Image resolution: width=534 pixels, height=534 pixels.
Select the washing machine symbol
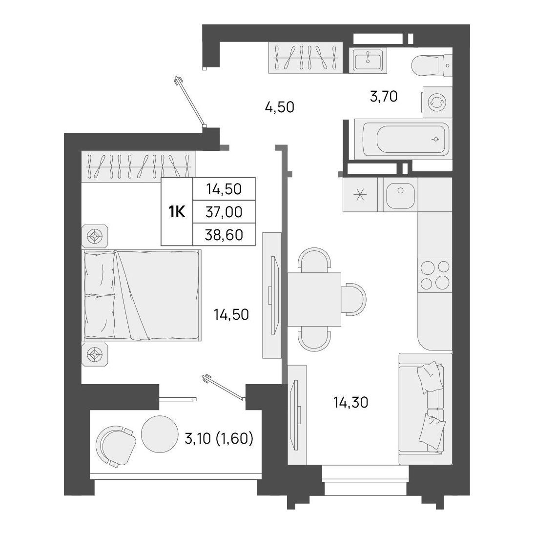[437, 102]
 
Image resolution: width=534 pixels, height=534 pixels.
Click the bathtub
[403, 139]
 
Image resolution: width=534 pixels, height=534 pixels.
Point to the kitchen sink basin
[400, 194]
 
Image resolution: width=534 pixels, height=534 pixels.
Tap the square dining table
[314, 299]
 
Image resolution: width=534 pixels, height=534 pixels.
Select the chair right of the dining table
[353, 299]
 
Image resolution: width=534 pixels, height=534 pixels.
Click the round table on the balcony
[160, 434]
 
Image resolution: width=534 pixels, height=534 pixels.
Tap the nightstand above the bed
[95, 236]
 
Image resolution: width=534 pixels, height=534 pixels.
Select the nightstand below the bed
[95, 354]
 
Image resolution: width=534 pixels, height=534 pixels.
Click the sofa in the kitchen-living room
[425, 409]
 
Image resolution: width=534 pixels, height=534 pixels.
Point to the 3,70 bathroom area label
[384, 97]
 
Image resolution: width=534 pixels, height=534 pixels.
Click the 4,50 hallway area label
[279, 107]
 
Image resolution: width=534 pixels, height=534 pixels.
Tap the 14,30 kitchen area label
[351, 403]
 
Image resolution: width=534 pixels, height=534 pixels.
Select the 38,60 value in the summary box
[224, 235]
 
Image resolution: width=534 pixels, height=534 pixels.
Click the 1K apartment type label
[177, 212]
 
